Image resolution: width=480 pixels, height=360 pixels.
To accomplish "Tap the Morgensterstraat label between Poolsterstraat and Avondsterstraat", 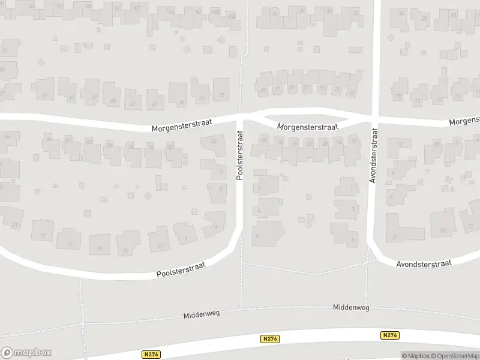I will [308, 127].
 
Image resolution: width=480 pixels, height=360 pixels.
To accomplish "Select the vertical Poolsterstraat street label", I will [239, 155].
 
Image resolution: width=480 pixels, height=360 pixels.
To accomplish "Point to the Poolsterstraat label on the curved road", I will [181, 269].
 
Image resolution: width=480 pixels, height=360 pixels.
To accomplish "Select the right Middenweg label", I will [352, 307].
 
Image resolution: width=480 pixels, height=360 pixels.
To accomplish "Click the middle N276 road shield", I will [269, 339].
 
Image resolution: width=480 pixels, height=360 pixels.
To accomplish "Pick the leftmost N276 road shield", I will [151, 354].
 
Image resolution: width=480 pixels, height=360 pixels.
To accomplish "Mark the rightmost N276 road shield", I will [389, 335].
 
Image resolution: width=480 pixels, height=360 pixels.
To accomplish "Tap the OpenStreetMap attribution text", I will [454, 356].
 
